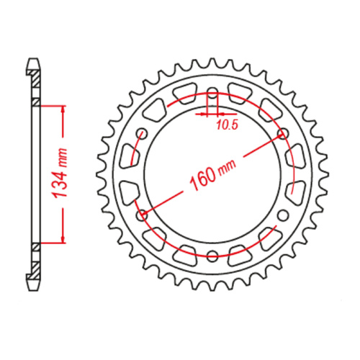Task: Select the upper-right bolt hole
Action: tap(283, 133)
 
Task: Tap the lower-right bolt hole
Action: tap(283, 214)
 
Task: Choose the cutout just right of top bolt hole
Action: tap(241, 94)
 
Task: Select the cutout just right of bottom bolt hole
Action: tap(241, 253)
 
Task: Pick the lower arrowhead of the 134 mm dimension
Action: tap(63, 239)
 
